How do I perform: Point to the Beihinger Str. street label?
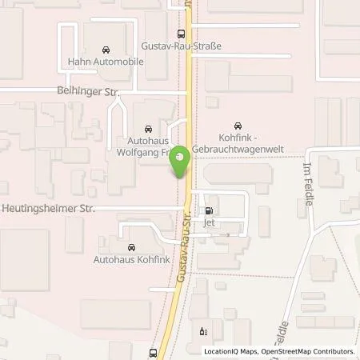click(x=88, y=93)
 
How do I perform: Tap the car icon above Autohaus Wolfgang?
click(x=147, y=128)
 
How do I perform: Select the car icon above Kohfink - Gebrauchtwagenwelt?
click(x=237, y=126)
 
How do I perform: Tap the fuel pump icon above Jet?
click(x=210, y=212)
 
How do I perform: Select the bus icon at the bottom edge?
click(x=153, y=352)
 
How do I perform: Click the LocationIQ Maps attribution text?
click(x=230, y=351)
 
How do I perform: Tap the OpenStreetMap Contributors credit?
click(x=307, y=351)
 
